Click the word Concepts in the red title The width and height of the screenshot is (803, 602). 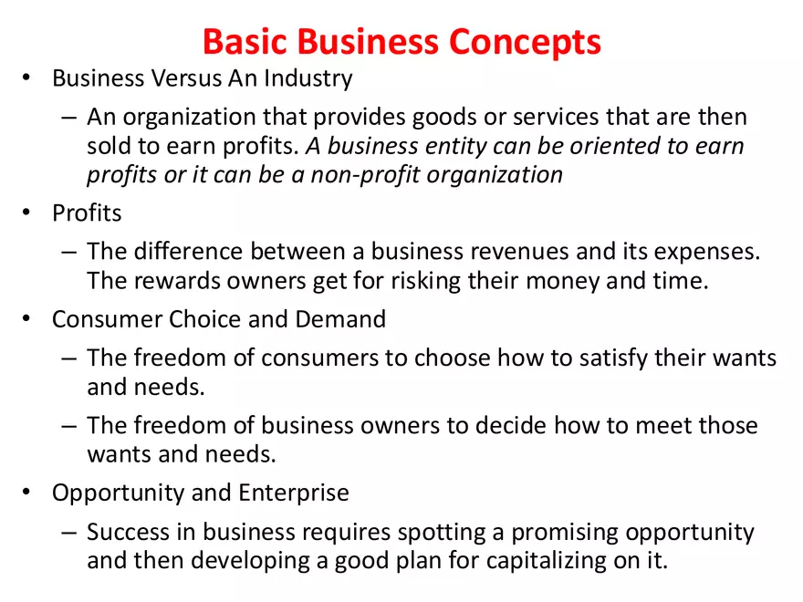[525, 42]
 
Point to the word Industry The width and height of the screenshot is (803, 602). [308, 78]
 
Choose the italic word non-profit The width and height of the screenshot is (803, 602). [363, 174]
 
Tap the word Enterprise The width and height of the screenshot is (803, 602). [294, 493]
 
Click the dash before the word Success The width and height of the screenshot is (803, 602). [70, 532]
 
